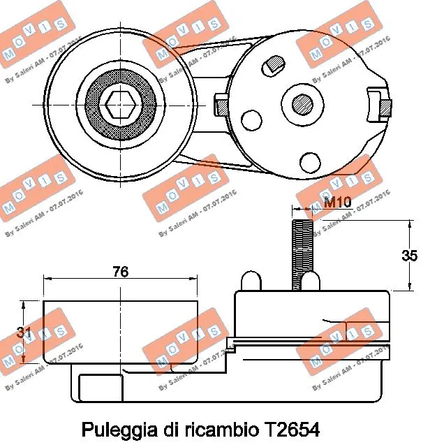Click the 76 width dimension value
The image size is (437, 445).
pyautogui.click(x=121, y=272)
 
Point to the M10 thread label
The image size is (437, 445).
pyautogui.click(x=337, y=204)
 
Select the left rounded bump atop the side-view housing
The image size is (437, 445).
pyautogui.click(x=250, y=281)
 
